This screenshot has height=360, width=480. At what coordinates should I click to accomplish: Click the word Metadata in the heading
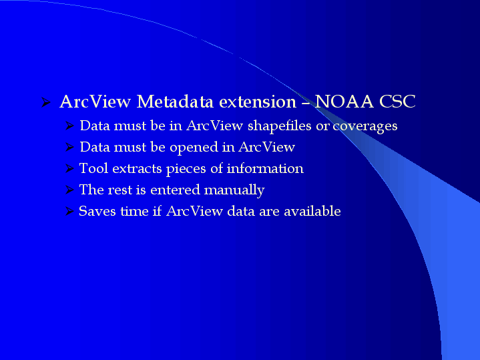point(175,102)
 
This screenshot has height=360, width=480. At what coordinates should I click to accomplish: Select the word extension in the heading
point(258,102)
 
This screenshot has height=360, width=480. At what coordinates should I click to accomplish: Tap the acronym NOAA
point(344,102)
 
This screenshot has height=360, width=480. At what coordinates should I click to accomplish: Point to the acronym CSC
point(397,102)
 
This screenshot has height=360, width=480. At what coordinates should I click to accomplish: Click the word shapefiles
point(279,126)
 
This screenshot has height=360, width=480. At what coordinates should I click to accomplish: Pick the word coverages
point(365,126)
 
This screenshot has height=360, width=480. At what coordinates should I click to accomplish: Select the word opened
point(194,148)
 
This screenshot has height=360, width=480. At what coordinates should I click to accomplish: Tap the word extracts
point(137,168)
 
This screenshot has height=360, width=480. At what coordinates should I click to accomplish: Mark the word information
point(265,168)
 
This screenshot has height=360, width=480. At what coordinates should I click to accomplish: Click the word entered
point(175,190)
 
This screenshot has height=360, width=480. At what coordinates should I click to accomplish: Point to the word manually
point(234,190)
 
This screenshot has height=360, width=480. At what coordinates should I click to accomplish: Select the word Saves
point(97,211)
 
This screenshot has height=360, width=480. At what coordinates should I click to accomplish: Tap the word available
point(312,211)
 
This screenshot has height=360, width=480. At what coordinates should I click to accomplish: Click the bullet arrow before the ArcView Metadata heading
point(45,102)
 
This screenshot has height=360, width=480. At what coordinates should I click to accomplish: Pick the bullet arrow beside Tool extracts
point(69,168)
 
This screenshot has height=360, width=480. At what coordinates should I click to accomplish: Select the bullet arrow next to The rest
point(69,190)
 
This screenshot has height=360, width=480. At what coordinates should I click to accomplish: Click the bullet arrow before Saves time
point(69,211)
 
